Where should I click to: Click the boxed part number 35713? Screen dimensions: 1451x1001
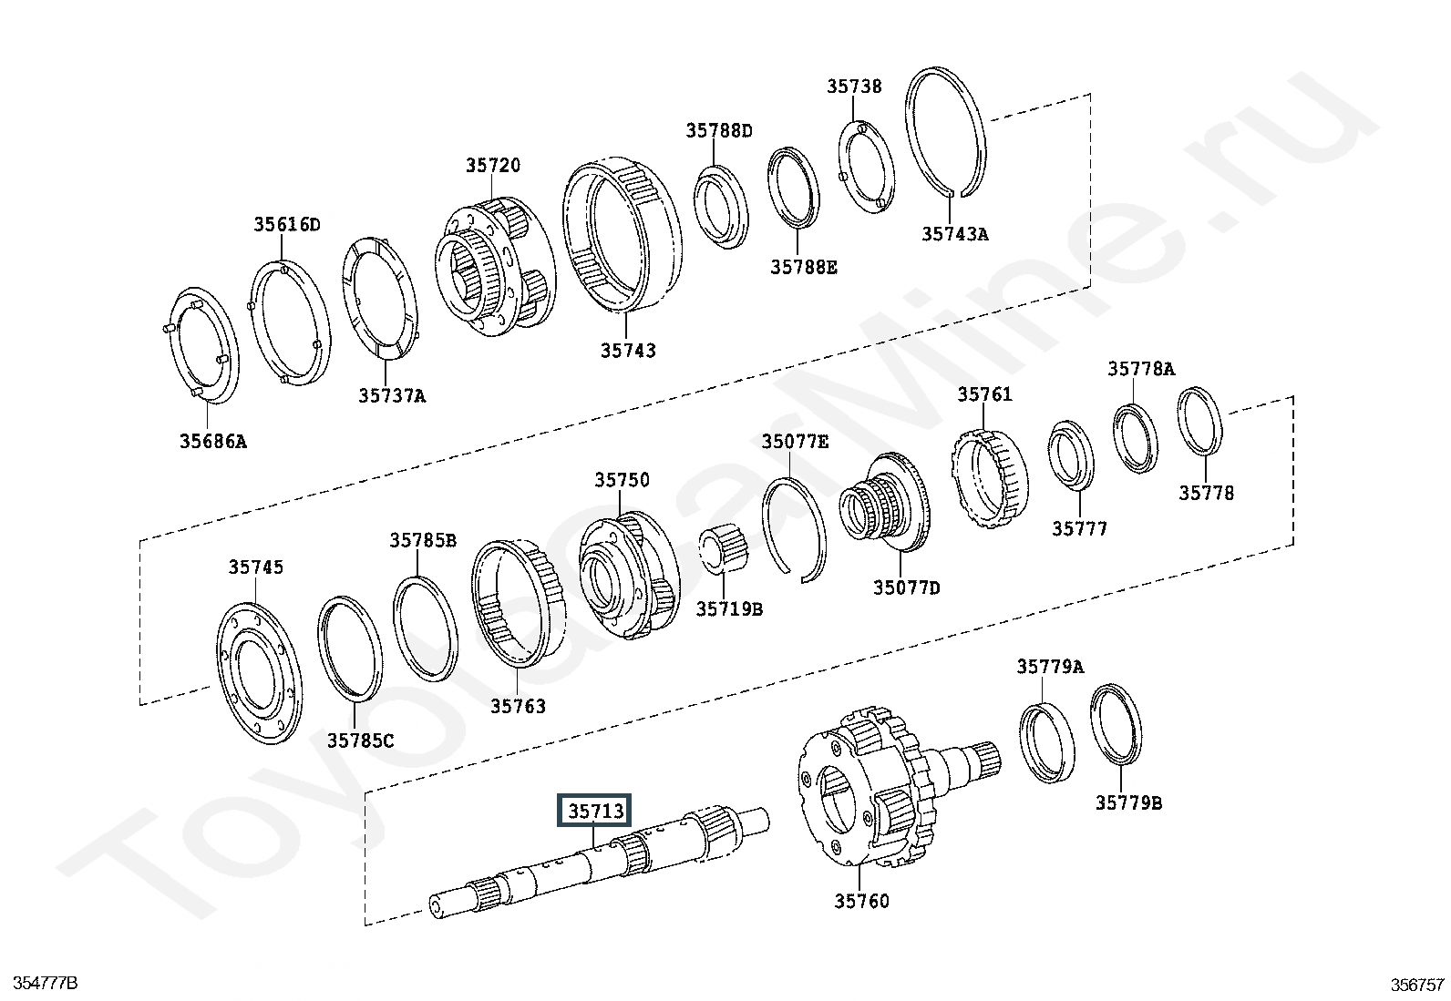[594, 811]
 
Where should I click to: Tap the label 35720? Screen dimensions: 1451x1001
[493, 165]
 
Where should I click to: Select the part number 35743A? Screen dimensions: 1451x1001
[955, 234]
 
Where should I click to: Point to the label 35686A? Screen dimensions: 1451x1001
[213, 442]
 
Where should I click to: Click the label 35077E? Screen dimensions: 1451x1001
[795, 442]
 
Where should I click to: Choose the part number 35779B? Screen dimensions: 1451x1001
[1128, 802]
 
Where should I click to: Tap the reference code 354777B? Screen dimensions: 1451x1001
[46, 983]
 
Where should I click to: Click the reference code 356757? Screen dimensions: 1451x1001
[1417, 985]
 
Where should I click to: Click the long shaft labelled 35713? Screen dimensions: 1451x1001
[599, 862]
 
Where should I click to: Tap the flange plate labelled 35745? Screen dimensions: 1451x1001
[259, 673]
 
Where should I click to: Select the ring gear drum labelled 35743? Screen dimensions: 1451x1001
[622, 234]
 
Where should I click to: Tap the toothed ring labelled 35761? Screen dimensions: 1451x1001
[989, 478]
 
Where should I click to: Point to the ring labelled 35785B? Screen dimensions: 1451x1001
[425, 628]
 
